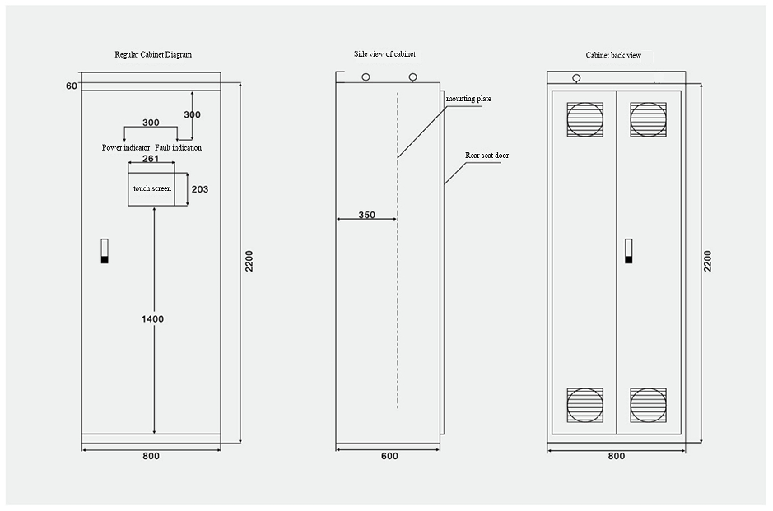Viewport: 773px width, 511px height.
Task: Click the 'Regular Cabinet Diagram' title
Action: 153,54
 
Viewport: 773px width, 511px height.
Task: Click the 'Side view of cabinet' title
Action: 380,53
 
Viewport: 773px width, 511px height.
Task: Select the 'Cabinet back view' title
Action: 613,55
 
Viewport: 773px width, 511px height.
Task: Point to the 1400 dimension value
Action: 152,318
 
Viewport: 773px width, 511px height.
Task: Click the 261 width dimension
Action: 151,159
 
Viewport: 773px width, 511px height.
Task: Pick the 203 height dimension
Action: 199,189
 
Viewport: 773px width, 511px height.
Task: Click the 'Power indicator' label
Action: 126,148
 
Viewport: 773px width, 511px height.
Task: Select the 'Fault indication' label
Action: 179,148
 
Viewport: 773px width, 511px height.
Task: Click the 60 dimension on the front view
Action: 72,86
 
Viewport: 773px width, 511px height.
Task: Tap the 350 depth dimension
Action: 366,215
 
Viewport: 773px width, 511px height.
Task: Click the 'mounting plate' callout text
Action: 468,99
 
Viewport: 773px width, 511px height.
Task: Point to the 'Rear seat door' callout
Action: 487,155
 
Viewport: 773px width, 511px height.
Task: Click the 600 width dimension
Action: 389,456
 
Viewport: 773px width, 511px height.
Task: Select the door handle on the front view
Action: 105,251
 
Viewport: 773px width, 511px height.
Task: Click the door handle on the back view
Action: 628,251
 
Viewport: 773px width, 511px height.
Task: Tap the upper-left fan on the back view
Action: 584,119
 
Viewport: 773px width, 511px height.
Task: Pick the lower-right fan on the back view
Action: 648,405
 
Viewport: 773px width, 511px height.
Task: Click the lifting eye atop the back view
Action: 576,79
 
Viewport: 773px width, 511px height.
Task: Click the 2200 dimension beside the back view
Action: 708,260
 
